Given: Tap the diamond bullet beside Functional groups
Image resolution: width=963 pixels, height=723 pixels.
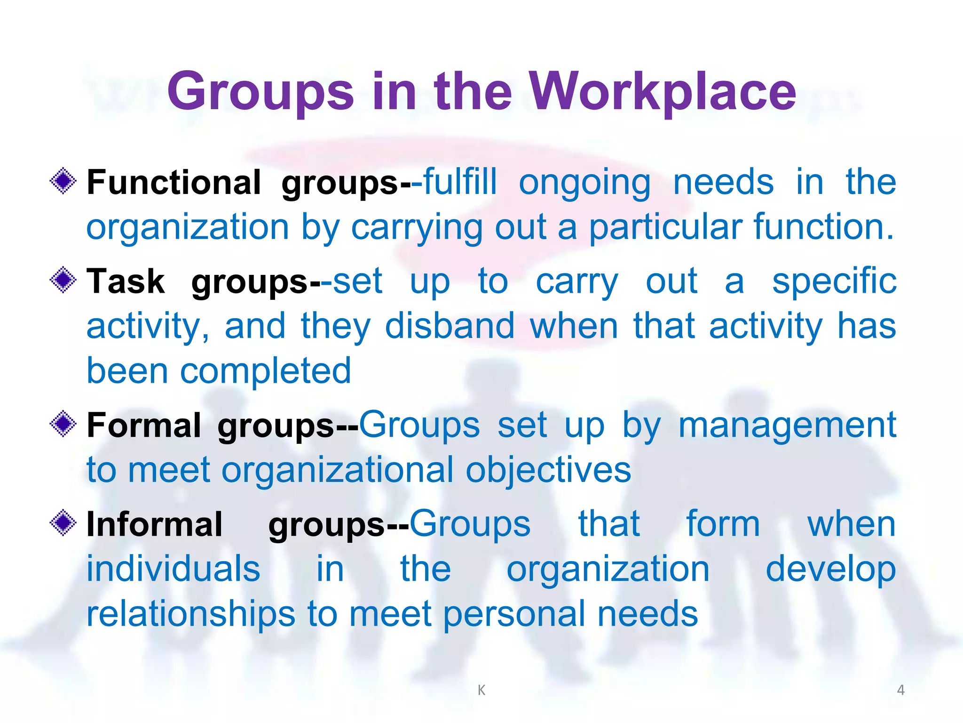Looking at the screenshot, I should [63, 181].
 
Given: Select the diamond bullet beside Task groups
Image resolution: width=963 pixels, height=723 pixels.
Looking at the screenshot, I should [63, 280].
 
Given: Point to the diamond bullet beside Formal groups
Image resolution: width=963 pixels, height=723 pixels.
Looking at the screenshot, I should [63, 424].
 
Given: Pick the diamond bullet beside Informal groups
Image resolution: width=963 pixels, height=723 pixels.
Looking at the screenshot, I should [63, 523].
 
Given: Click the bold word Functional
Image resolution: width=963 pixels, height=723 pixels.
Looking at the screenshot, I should [174, 182].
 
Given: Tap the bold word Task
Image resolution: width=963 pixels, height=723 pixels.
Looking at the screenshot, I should [126, 281].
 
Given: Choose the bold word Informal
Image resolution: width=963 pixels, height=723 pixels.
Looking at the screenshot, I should [154, 524].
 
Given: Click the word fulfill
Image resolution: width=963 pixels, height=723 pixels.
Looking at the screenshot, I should [460, 182].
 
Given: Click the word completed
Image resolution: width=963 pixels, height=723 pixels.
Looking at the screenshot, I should [266, 371].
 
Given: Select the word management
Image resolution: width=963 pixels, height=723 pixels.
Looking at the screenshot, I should [787, 425].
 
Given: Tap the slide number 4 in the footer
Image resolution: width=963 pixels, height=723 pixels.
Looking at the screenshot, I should [900, 690].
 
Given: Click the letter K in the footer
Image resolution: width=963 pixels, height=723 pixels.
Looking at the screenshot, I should [481, 690].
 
